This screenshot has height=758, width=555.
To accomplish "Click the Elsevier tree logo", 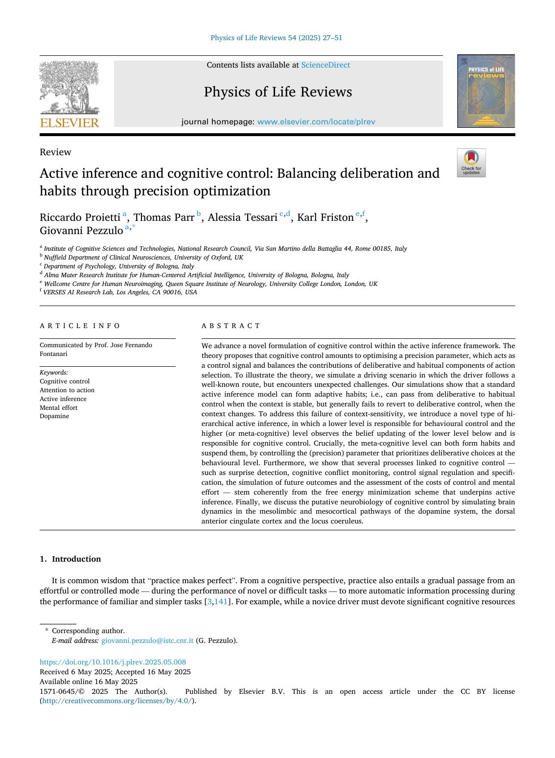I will tap(69, 93).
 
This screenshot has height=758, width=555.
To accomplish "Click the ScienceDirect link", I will tap(325, 65).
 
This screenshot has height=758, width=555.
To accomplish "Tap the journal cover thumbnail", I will tap(486, 91).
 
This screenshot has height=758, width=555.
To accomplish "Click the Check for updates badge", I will tap(471, 163).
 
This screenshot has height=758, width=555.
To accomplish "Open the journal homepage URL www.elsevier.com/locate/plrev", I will tap(316, 122).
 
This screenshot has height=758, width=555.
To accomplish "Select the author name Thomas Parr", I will tap(164, 217).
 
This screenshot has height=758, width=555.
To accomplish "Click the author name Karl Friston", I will tap(325, 217).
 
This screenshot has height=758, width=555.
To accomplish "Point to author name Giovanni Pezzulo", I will tap(81, 230).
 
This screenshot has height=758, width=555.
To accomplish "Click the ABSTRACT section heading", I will tap(231, 326).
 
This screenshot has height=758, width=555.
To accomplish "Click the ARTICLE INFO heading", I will tap(80, 326).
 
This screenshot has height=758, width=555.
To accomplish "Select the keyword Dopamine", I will tap(54, 416).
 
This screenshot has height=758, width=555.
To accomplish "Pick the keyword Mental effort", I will tap(58, 407).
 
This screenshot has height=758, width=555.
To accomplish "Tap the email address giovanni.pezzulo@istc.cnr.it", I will tap(147, 640).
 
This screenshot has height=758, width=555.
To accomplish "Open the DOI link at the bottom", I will tap(113, 662).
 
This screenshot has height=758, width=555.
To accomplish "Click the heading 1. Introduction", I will tap(70, 559).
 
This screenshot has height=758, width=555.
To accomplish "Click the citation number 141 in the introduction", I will tap(221, 601).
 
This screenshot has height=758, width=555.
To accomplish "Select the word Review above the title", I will tap(55, 152).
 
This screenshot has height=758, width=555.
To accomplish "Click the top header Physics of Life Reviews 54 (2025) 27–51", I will tap(276, 38).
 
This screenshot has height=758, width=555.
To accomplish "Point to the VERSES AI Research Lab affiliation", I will tap(120, 292).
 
